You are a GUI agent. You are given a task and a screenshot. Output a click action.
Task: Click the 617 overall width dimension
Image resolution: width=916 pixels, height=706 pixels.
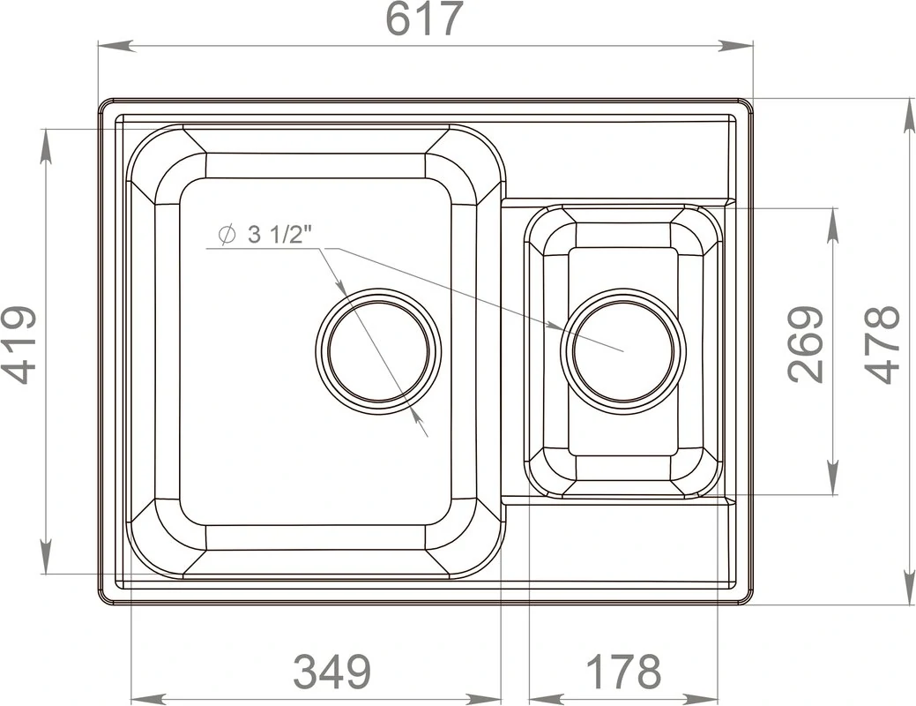coord(425,19)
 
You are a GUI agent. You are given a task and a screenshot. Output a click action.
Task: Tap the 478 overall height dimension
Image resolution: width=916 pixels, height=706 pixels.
coord(881,344)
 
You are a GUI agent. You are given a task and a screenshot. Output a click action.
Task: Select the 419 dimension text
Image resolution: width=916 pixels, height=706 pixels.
coord(19,344)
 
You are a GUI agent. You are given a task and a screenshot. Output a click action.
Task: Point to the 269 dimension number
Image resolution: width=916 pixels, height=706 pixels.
coord(806,344)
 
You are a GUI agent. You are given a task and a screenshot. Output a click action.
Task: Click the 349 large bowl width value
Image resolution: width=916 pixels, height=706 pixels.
coord(331,671)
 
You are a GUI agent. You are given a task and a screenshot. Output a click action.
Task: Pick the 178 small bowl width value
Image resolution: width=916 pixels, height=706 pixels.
coord(622,671)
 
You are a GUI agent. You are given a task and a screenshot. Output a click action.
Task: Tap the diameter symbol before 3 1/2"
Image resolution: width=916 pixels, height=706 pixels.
coord(227,235)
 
